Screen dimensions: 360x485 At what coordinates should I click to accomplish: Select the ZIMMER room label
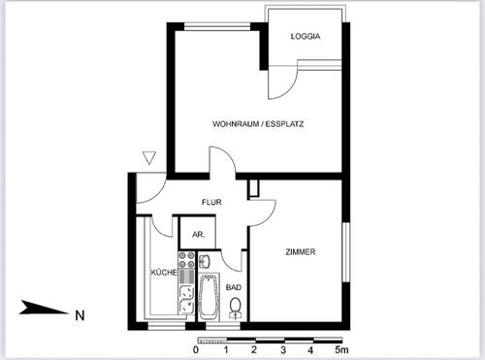click(301, 252)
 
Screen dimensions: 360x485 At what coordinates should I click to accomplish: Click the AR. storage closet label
click(198, 235)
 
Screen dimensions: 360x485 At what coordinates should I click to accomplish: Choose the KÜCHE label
click(162, 273)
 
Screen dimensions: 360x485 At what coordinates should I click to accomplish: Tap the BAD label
click(234, 287)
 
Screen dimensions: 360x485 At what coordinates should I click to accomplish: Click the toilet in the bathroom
click(235, 309)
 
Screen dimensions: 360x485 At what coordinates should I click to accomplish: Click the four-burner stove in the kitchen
click(185, 264)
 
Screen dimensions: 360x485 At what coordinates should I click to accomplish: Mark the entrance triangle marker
click(148, 157)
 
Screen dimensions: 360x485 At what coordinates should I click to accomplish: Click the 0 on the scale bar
click(197, 349)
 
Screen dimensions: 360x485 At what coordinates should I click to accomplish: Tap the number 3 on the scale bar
click(282, 349)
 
